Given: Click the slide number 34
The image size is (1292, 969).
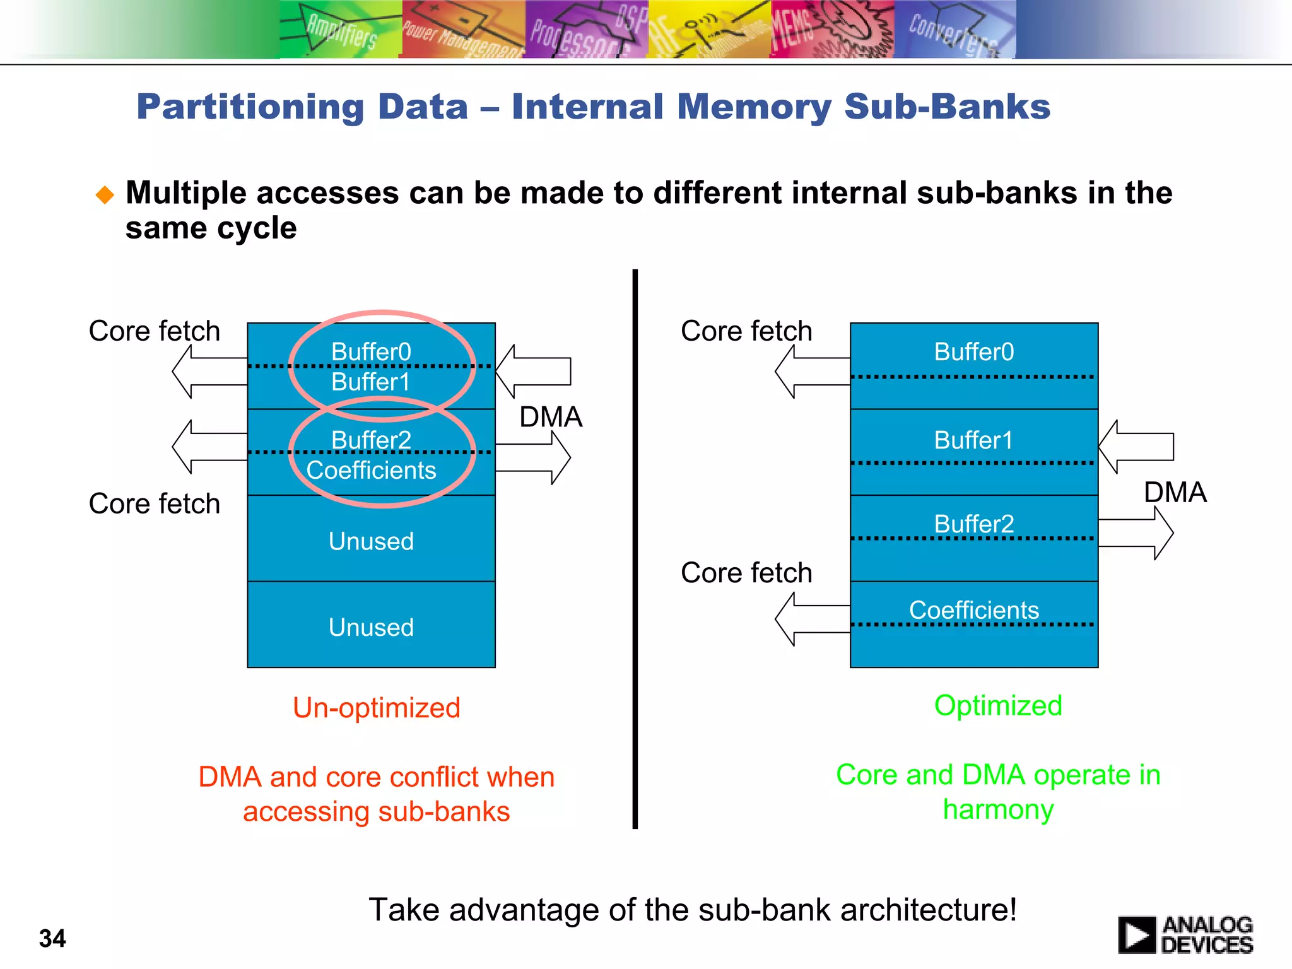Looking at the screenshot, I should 52,938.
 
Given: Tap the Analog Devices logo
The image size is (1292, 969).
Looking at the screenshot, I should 1185,934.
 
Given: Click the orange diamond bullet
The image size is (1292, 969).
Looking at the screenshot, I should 105,194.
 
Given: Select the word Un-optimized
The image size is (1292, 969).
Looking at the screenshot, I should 377,708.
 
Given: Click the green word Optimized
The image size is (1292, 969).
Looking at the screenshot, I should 998,705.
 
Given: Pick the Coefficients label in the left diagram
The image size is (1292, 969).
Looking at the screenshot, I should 371,471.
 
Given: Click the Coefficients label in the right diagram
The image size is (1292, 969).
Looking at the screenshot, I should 973,610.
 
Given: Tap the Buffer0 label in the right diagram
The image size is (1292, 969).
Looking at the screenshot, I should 973,352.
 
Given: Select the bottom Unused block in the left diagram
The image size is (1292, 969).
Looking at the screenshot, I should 371,627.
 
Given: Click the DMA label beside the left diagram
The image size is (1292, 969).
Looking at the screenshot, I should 550,417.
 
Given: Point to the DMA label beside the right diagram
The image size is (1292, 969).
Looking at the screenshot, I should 1175,492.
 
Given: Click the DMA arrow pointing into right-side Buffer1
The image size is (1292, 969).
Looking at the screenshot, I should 1136,447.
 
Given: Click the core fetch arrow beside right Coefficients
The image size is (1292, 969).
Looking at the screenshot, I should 812,619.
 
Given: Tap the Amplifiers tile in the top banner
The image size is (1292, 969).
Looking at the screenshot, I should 341,29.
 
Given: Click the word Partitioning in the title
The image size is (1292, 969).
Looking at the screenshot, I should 250,107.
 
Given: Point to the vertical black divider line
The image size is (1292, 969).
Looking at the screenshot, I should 635,549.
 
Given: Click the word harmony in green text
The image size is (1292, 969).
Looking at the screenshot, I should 998,809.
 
